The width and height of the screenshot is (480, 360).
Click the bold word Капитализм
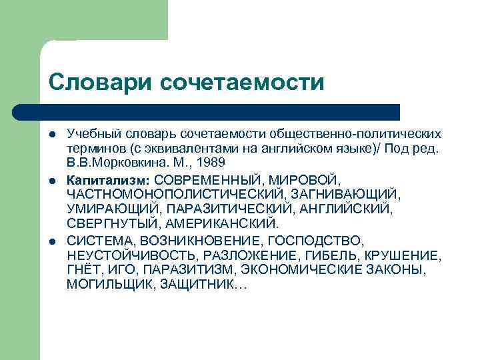109,180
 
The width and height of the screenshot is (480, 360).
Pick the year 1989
211,162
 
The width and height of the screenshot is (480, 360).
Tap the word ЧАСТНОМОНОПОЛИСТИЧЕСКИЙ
175,194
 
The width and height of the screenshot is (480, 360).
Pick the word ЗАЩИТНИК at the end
205,284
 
